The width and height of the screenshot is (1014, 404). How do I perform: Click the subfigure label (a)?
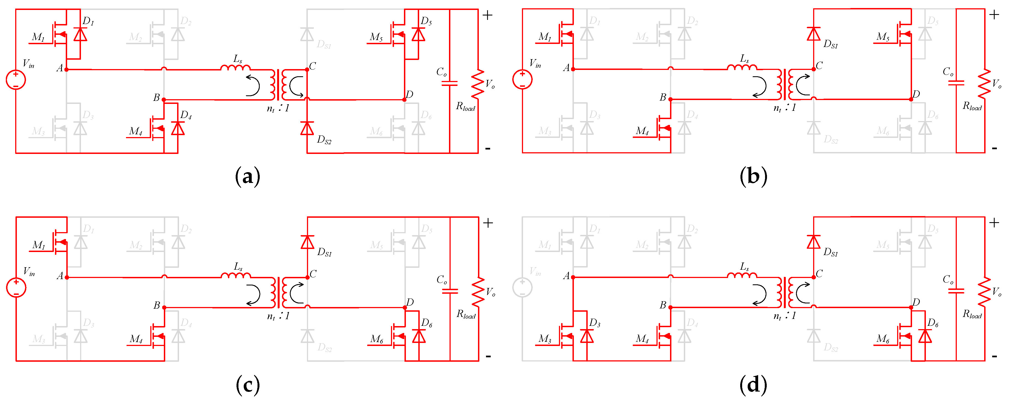point(247,176)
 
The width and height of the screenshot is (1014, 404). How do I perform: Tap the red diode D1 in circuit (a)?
point(80,35)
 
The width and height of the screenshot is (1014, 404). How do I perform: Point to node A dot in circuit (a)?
point(67,70)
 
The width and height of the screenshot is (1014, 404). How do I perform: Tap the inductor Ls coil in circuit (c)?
point(235,275)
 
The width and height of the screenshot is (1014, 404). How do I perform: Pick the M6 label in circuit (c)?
point(377,339)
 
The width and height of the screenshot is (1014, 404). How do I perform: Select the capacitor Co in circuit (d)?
point(956,291)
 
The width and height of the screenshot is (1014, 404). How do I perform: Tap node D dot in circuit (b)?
point(911,100)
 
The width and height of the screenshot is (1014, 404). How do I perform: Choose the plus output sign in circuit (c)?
point(488,223)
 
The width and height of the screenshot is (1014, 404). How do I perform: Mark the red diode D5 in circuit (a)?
point(418,35)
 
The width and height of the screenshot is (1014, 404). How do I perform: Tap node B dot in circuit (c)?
point(164,308)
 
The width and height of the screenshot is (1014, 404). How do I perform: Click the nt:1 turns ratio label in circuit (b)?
point(784,108)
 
